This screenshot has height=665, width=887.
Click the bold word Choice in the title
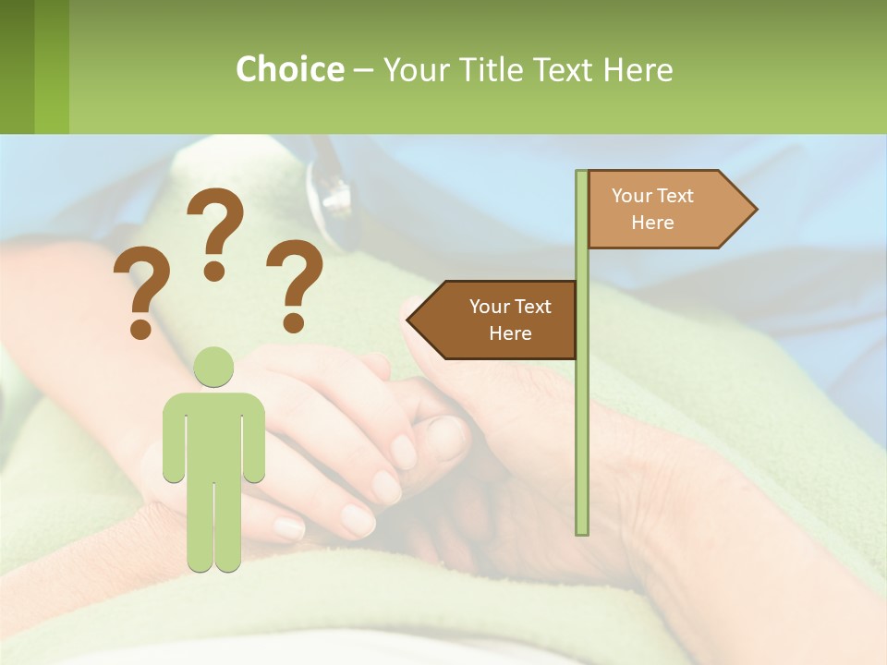click(x=289, y=69)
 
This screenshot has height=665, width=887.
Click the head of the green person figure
click(x=213, y=367)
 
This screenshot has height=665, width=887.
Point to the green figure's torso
click(x=213, y=434)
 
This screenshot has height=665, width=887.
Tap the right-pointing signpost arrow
click(x=665, y=210)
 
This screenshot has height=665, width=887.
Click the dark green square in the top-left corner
click(x=17, y=66)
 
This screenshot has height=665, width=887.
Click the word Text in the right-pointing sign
click(x=674, y=196)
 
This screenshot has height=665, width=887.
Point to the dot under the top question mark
click(x=214, y=270)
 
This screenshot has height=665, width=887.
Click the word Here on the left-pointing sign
click(x=510, y=333)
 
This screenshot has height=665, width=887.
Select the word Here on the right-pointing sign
click(x=652, y=223)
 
